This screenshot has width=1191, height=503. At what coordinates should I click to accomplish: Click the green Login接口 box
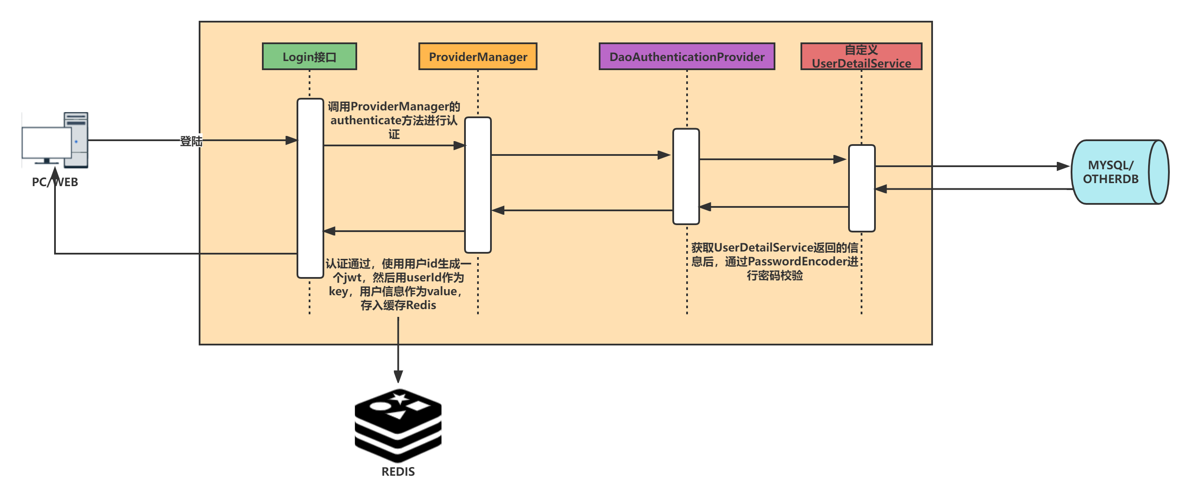coord(309,56)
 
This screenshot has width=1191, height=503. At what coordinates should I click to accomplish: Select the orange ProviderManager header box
coord(478,56)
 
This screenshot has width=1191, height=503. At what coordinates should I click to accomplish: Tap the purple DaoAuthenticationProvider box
coord(687,56)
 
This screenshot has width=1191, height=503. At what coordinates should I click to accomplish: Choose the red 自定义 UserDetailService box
coord(861,56)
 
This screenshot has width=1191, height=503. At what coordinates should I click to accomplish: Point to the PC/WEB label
coord(55,182)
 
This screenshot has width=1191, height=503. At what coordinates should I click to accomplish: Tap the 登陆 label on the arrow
coord(191,141)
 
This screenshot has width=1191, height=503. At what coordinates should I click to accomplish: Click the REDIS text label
coord(397,471)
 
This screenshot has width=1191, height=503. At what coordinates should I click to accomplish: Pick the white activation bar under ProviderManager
coord(478,185)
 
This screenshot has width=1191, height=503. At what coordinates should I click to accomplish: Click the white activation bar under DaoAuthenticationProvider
coord(686,177)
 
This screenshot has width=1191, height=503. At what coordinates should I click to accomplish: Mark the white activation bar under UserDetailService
coord(862,188)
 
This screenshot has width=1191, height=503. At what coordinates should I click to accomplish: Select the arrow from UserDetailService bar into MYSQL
coord(971,166)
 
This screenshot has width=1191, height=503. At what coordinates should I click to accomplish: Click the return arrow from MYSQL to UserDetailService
coord(971,189)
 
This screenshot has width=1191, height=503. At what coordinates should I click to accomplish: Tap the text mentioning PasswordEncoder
coord(775,261)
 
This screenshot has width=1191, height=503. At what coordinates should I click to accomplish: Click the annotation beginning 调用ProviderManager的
coord(394,120)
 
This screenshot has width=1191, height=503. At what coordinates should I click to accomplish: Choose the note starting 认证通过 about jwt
coord(397,284)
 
